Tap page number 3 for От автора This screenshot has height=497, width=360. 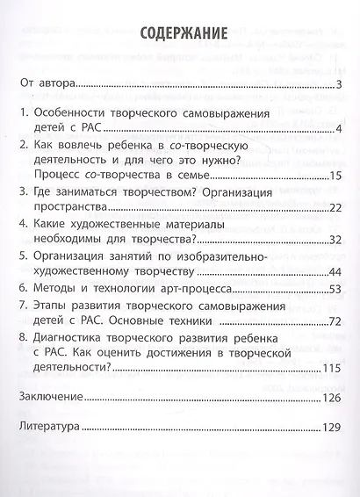point(338,85)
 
